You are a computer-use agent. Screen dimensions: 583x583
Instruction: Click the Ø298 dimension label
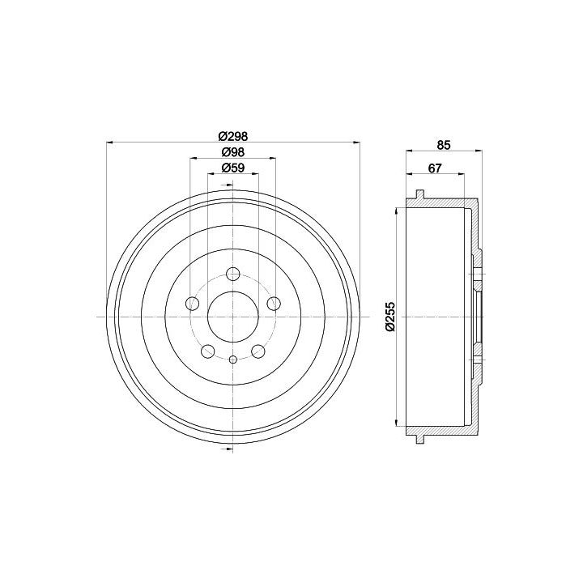pyautogui.click(x=232, y=136)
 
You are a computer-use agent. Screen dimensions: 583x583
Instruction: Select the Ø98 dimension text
pyautogui.click(x=232, y=152)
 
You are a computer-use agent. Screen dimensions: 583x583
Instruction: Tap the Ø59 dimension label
pyautogui.click(x=232, y=168)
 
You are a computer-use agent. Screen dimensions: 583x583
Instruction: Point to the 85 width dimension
pyautogui.click(x=444, y=145)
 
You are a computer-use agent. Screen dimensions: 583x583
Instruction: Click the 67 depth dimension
pyautogui.click(x=435, y=168)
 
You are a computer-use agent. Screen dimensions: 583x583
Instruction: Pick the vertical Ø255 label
pyautogui.click(x=390, y=317)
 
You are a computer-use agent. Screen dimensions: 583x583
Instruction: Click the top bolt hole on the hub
pyautogui.click(x=232, y=274)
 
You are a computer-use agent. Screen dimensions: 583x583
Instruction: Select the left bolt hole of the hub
pyautogui.click(x=192, y=304)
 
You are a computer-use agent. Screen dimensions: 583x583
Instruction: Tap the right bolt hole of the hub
pyautogui.click(x=274, y=304)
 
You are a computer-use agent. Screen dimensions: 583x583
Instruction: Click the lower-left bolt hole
pyautogui.click(x=208, y=351)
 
